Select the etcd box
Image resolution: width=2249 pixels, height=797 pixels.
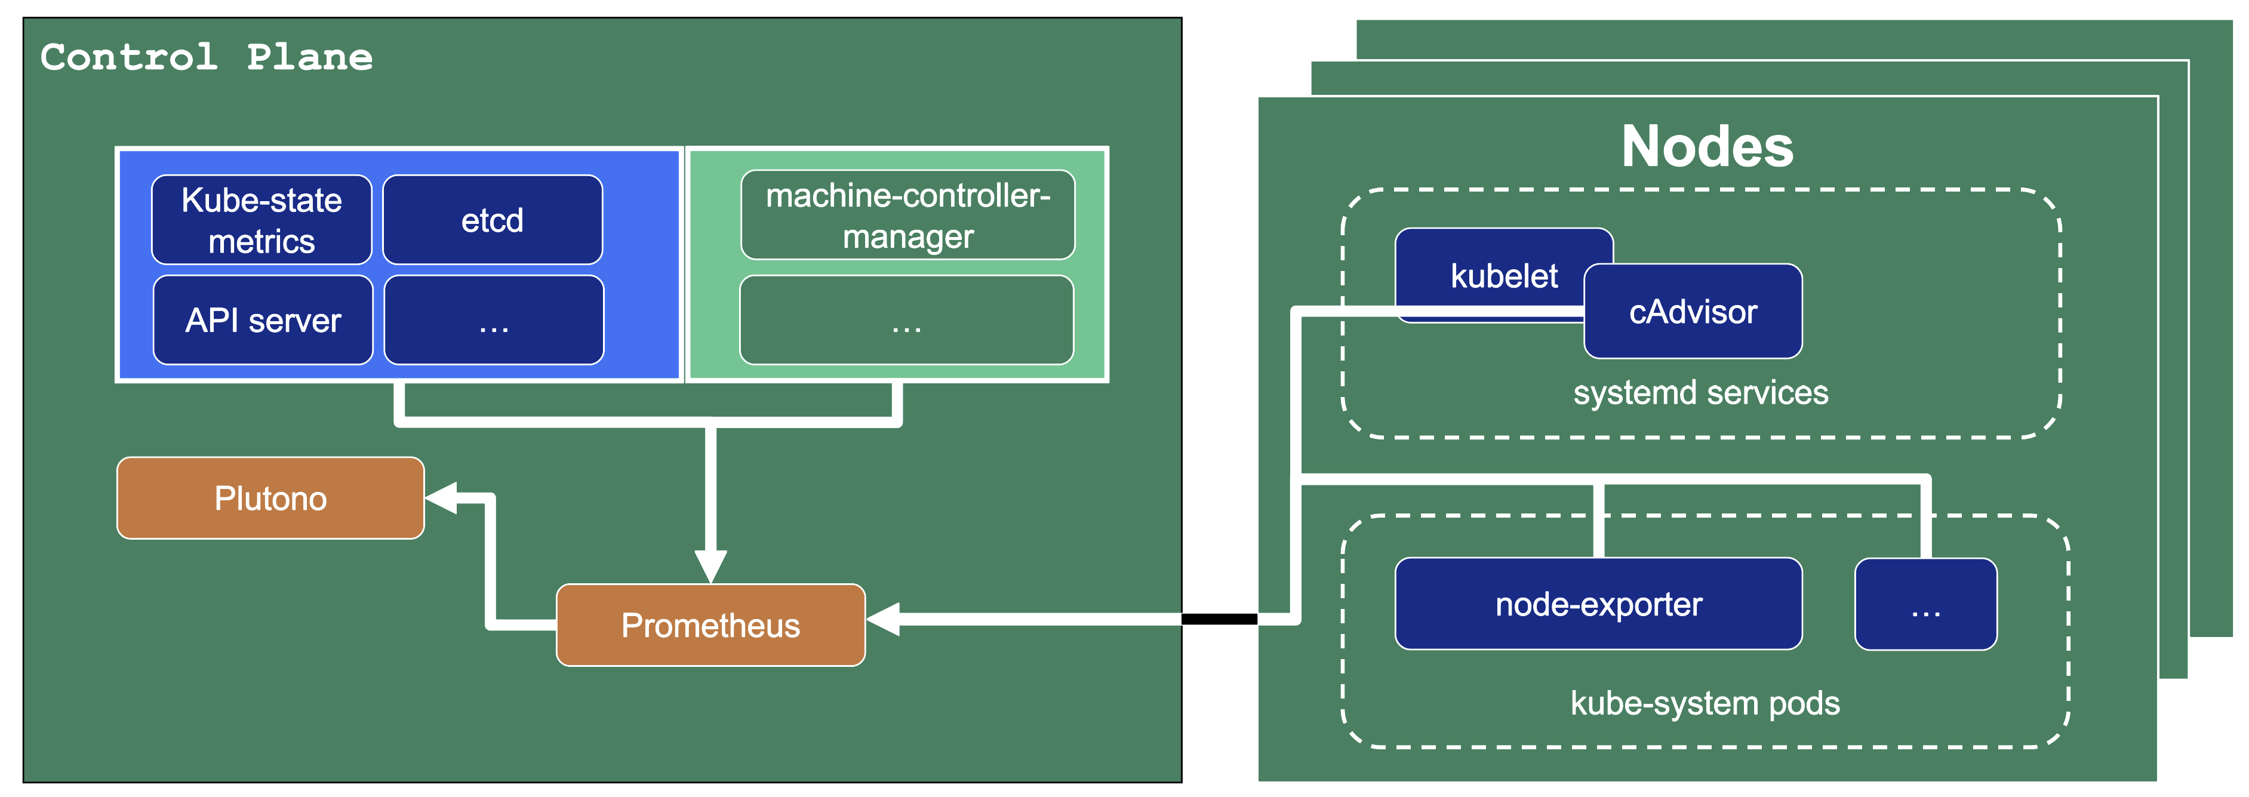pos(493,220)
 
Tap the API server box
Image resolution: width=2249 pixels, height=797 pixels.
pos(263,321)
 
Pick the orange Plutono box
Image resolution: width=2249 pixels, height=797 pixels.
pos(270,498)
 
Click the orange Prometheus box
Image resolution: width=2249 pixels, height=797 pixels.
pos(710,625)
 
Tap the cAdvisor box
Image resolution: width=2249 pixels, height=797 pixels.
pos(1693,312)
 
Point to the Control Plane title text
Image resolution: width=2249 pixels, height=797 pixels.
pos(207,58)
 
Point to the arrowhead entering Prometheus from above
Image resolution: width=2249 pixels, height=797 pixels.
pos(710,566)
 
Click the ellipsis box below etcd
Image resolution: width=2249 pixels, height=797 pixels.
pos(494,321)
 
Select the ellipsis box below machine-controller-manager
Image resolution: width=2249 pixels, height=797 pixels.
pos(906,321)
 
